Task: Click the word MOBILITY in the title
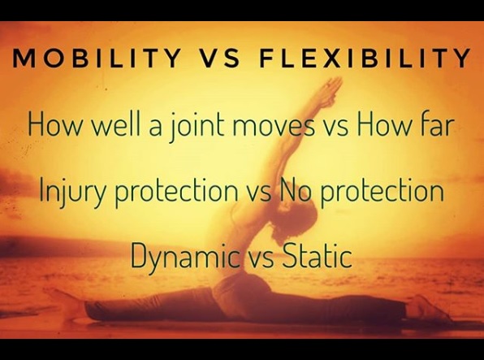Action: coord(97,58)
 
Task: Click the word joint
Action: coord(197,126)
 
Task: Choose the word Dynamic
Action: coord(186,257)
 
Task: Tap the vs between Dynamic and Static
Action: coord(261,259)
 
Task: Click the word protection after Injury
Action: coord(176,192)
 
